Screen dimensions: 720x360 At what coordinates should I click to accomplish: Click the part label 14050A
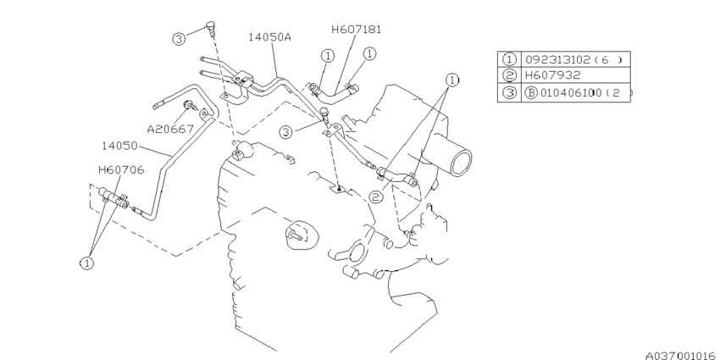pyautogui.click(x=270, y=36)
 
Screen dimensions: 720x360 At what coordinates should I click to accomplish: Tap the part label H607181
pyautogui.click(x=357, y=30)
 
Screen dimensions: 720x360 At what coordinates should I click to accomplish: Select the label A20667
pyautogui.click(x=170, y=129)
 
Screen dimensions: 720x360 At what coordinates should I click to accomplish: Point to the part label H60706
pyautogui.click(x=121, y=170)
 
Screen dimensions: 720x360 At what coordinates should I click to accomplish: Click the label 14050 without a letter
pyautogui.click(x=119, y=146)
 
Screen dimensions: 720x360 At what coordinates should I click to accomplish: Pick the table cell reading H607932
pyautogui.click(x=553, y=75)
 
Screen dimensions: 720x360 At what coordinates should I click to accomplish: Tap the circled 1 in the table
pyautogui.click(x=509, y=59)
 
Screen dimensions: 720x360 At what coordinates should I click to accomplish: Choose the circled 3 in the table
pyautogui.click(x=509, y=92)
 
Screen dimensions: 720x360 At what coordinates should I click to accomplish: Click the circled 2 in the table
pyautogui.click(x=509, y=75)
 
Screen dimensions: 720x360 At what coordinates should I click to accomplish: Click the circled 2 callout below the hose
pyautogui.click(x=376, y=197)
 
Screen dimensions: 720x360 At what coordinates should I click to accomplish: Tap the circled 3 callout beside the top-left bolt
pyautogui.click(x=179, y=39)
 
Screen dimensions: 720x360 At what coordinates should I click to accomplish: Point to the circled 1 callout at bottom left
pyautogui.click(x=86, y=263)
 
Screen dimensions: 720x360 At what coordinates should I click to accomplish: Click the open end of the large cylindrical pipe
pyautogui.click(x=462, y=163)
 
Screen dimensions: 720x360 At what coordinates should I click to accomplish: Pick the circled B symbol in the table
pyautogui.click(x=531, y=93)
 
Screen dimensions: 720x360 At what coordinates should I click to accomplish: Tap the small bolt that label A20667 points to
pyautogui.click(x=190, y=106)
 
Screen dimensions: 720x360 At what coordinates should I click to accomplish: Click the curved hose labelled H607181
pyautogui.click(x=334, y=94)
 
